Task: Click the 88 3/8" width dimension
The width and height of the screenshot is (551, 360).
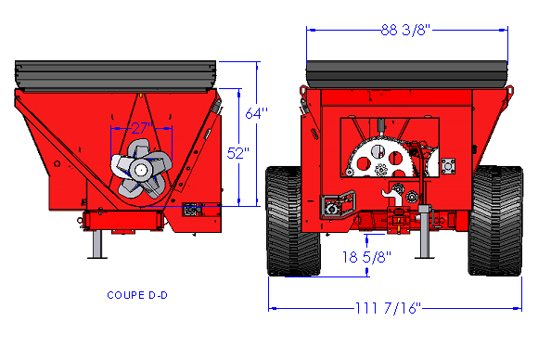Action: coord(405,30)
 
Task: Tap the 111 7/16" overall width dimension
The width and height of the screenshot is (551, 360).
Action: coord(388,308)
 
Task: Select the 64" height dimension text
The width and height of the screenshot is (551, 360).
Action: coord(257,113)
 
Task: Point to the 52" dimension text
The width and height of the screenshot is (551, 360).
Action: coord(237,153)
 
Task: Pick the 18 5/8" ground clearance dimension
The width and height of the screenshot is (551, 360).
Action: coord(366,257)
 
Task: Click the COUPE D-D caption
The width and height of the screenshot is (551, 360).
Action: coord(137,295)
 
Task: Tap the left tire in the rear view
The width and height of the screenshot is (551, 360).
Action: coord(293,221)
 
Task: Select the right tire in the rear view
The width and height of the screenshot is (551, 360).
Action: coord(495,221)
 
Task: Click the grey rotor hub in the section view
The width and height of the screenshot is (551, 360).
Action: coord(141,170)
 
